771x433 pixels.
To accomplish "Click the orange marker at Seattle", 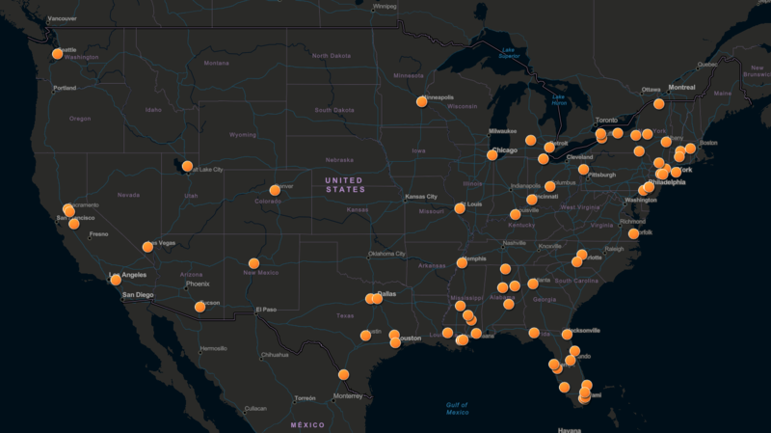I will pyautogui.click(x=58, y=54).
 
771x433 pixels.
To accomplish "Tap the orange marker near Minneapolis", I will pyautogui.click(x=421, y=101).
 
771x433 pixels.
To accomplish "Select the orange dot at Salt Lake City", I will pyautogui.click(x=187, y=166).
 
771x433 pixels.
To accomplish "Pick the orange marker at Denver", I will pyautogui.click(x=275, y=190).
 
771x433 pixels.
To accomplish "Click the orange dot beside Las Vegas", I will pyautogui.click(x=147, y=246).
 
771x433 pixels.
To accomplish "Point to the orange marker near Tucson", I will pyautogui.click(x=199, y=307).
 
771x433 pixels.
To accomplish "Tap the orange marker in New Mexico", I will pyautogui.click(x=253, y=263).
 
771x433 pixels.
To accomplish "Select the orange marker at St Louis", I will pyautogui.click(x=460, y=207).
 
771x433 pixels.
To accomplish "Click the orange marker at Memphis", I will pyautogui.click(x=462, y=262).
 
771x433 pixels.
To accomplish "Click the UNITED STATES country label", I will pyautogui.click(x=344, y=184).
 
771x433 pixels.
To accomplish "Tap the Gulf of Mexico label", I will pyautogui.click(x=458, y=408).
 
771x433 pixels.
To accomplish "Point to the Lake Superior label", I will pyautogui.click(x=509, y=54).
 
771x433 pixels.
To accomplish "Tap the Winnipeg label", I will pyautogui.click(x=385, y=6).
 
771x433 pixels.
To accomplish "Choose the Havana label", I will pyautogui.click(x=570, y=429).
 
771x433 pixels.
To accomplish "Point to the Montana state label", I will pyautogui.click(x=217, y=64).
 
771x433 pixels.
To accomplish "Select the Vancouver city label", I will pyautogui.click(x=62, y=18).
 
